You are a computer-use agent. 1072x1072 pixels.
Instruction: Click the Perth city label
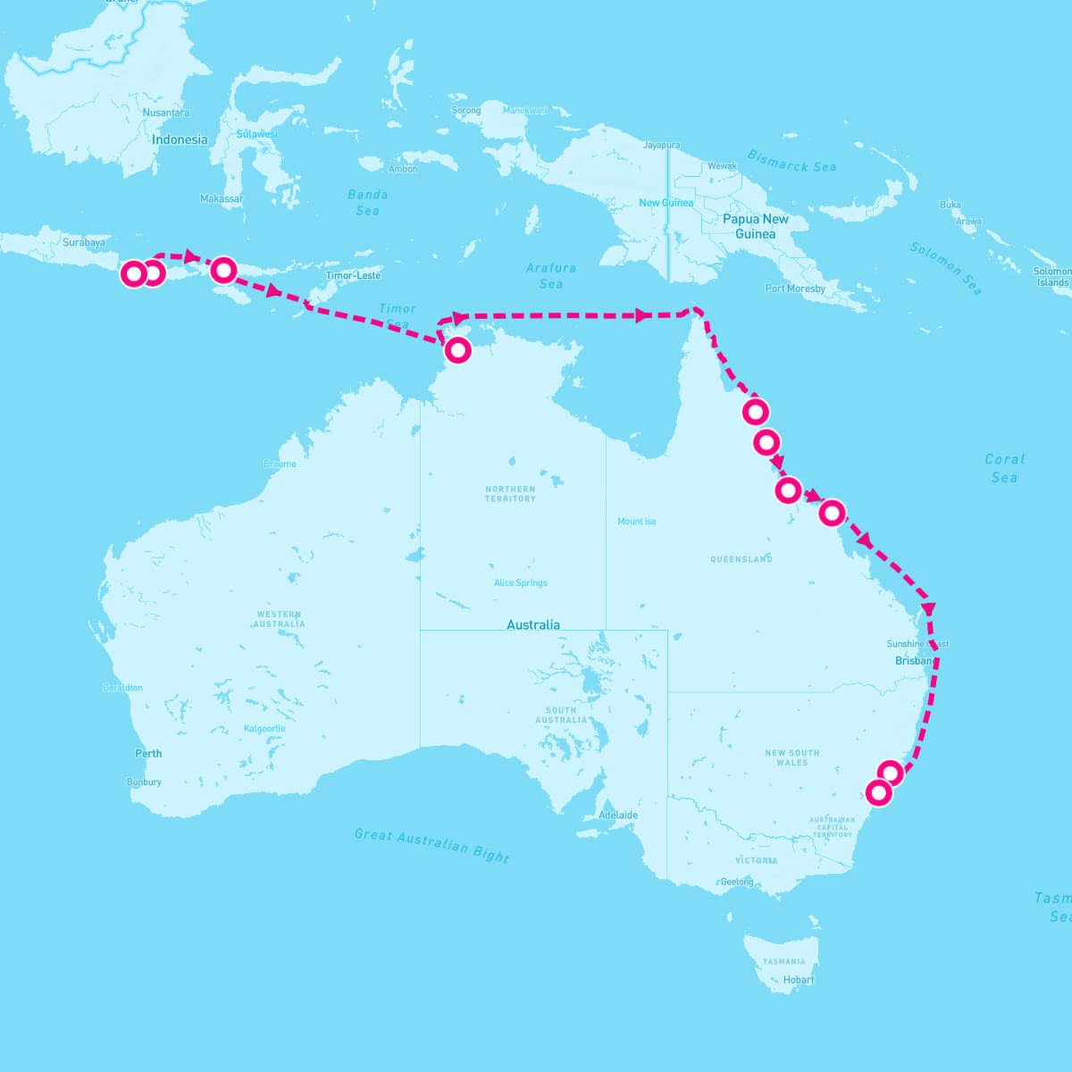148,753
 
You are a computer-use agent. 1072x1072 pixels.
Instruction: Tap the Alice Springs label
520,582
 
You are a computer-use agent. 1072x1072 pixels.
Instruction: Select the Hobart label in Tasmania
798,979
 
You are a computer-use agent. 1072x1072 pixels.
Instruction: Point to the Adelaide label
618,815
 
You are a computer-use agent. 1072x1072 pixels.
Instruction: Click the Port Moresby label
795,289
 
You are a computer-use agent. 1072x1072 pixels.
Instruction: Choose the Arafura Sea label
550,275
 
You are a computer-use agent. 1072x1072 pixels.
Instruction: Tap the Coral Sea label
1004,468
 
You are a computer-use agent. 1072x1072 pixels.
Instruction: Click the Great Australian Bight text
431,845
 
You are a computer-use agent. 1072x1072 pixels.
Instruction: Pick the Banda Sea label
367,202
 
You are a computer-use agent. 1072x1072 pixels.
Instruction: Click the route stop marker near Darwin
457,350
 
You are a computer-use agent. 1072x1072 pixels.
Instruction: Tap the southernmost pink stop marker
879,792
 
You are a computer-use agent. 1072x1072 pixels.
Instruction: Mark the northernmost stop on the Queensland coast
756,412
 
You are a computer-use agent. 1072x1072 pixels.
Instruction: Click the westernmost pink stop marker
133,273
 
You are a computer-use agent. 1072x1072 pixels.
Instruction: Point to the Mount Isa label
636,521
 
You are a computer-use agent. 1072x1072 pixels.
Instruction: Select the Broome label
280,464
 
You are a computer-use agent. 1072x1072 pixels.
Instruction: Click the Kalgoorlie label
264,728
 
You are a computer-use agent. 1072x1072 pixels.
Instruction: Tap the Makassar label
221,198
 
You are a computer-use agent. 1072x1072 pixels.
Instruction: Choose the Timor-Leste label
353,275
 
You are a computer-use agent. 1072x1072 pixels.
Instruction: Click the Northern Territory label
510,493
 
